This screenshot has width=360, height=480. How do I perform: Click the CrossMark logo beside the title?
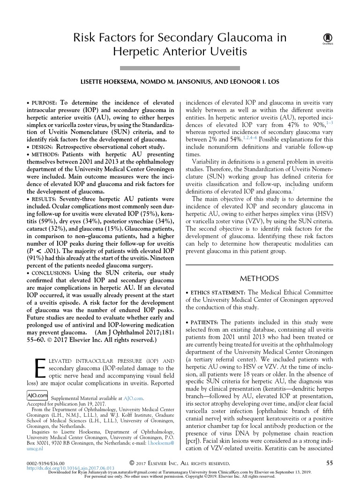pos(325,40)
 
